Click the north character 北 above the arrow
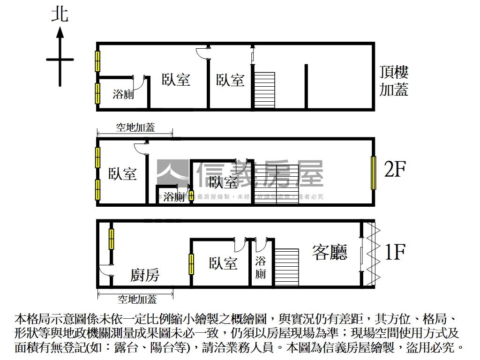pyautogui.click(x=60, y=14)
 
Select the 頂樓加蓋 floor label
pyautogui.click(x=394, y=81)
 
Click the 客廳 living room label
pyautogui.click(x=330, y=253)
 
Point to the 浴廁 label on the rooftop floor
pyautogui.click(x=124, y=94)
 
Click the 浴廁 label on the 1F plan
pyautogui.click(x=261, y=267)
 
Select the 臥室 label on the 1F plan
pyautogui.click(x=223, y=263)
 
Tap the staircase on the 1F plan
pyautogui.click(x=286, y=267)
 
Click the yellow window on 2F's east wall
pyautogui.click(x=374, y=172)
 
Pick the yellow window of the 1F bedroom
pyautogui.click(x=191, y=264)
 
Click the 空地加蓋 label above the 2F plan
pyautogui.click(x=135, y=127)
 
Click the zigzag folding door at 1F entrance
pyautogui.click(x=373, y=253)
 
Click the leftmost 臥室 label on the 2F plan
pyautogui.click(x=122, y=174)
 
